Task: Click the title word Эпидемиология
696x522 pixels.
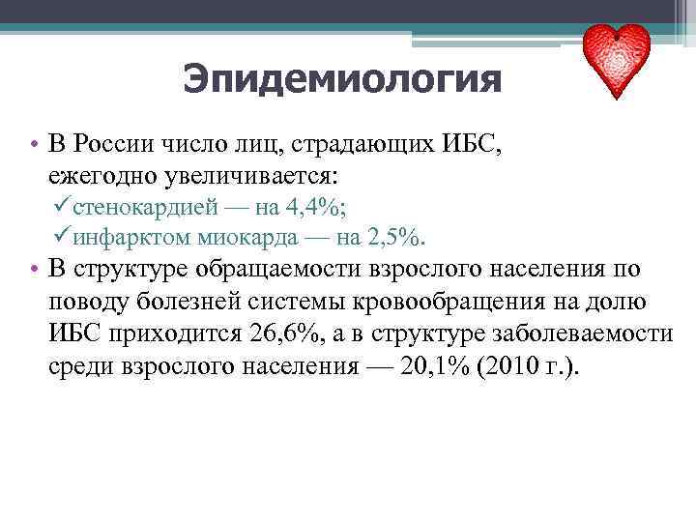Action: [x=342, y=79]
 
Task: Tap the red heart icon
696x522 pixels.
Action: [x=618, y=60]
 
